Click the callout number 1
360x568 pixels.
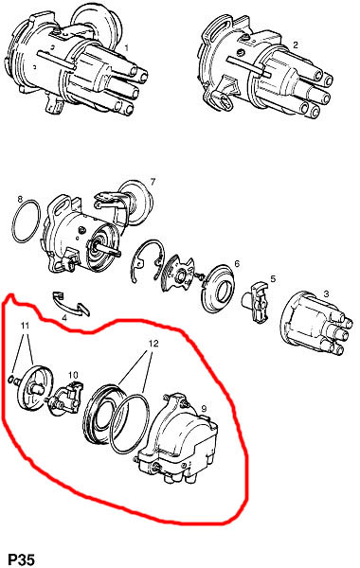(x=127, y=47)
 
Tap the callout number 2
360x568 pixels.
(x=296, y=45)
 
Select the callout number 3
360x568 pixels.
(x=326, y=293)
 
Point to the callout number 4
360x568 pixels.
(x=64, y=319)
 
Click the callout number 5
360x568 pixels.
(x=273, y=279)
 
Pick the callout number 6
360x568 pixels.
(x=237, y=263)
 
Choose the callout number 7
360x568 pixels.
(x=153, y=182)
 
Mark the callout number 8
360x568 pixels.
(x=20, y=199)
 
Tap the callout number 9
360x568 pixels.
(x=204, y=409)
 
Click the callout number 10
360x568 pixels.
(x=73, y=374)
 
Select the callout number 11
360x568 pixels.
(x=25, y=326)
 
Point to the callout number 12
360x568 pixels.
(x=153, y=343)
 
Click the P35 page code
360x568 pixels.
(x=22, y=559)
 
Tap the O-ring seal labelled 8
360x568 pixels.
(x=14, y=221)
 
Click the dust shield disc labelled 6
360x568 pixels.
(x=205, y=290)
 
